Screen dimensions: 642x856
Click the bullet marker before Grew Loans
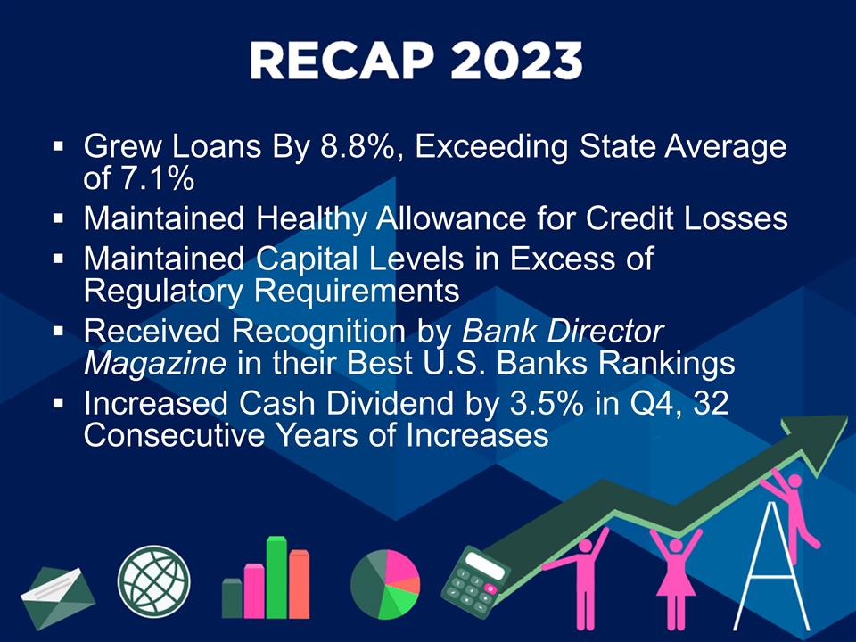[59, 144]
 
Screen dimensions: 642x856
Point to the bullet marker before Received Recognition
[59, 333]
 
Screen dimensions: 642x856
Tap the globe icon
[155, 577]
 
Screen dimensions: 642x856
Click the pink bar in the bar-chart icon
[254, 590]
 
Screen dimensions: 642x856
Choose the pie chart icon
[385, 584]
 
